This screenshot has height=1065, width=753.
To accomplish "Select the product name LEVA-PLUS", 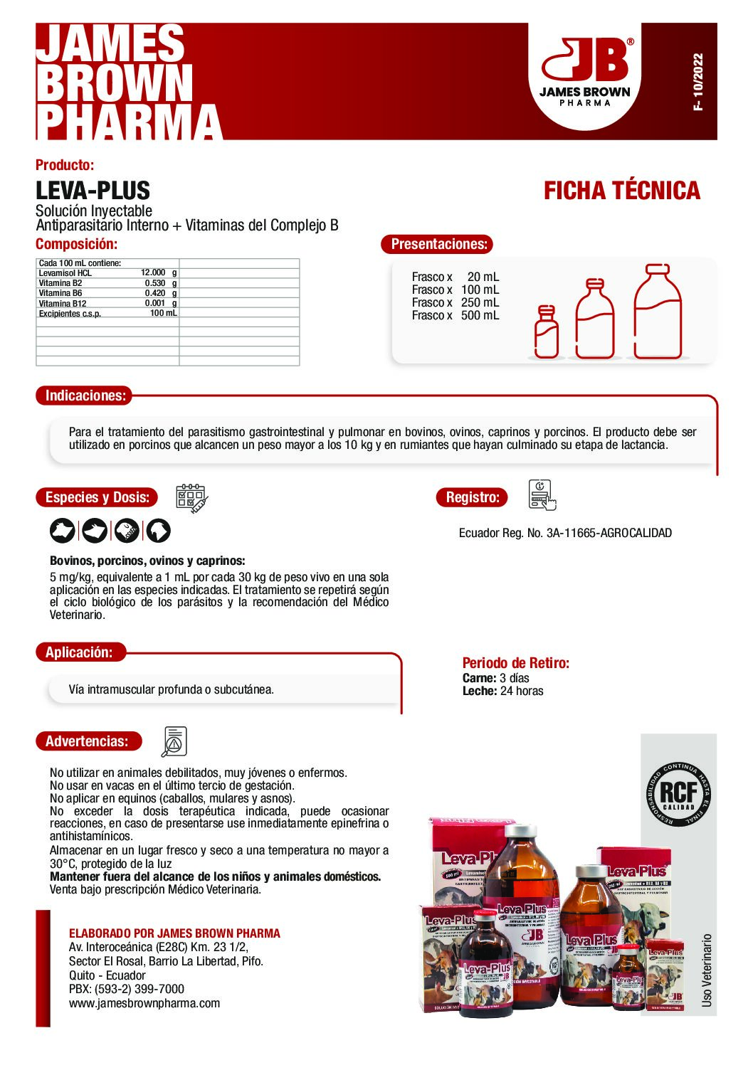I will pos(93,191).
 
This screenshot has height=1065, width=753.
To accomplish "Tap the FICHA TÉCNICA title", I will pos(621,191).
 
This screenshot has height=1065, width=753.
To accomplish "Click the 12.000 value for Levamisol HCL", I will pos(153,272).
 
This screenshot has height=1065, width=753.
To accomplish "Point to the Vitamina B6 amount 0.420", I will pos(155,293).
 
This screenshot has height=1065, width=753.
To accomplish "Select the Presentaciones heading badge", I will pos(438,244).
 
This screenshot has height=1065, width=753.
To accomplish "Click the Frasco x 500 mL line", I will pos(456,315).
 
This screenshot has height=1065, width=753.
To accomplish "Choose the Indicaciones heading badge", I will pos(85,396).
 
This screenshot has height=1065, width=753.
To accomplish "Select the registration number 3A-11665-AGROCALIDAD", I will pos(609,533).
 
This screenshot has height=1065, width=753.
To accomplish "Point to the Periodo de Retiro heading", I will pos(515,663).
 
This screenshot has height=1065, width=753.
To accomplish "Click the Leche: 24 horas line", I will pos(502,691).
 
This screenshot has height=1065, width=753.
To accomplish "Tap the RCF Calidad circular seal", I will pos(678,794).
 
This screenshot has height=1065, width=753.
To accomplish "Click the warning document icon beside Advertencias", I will pos(174,741).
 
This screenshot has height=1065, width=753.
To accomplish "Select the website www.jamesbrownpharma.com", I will pos(144,1003).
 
